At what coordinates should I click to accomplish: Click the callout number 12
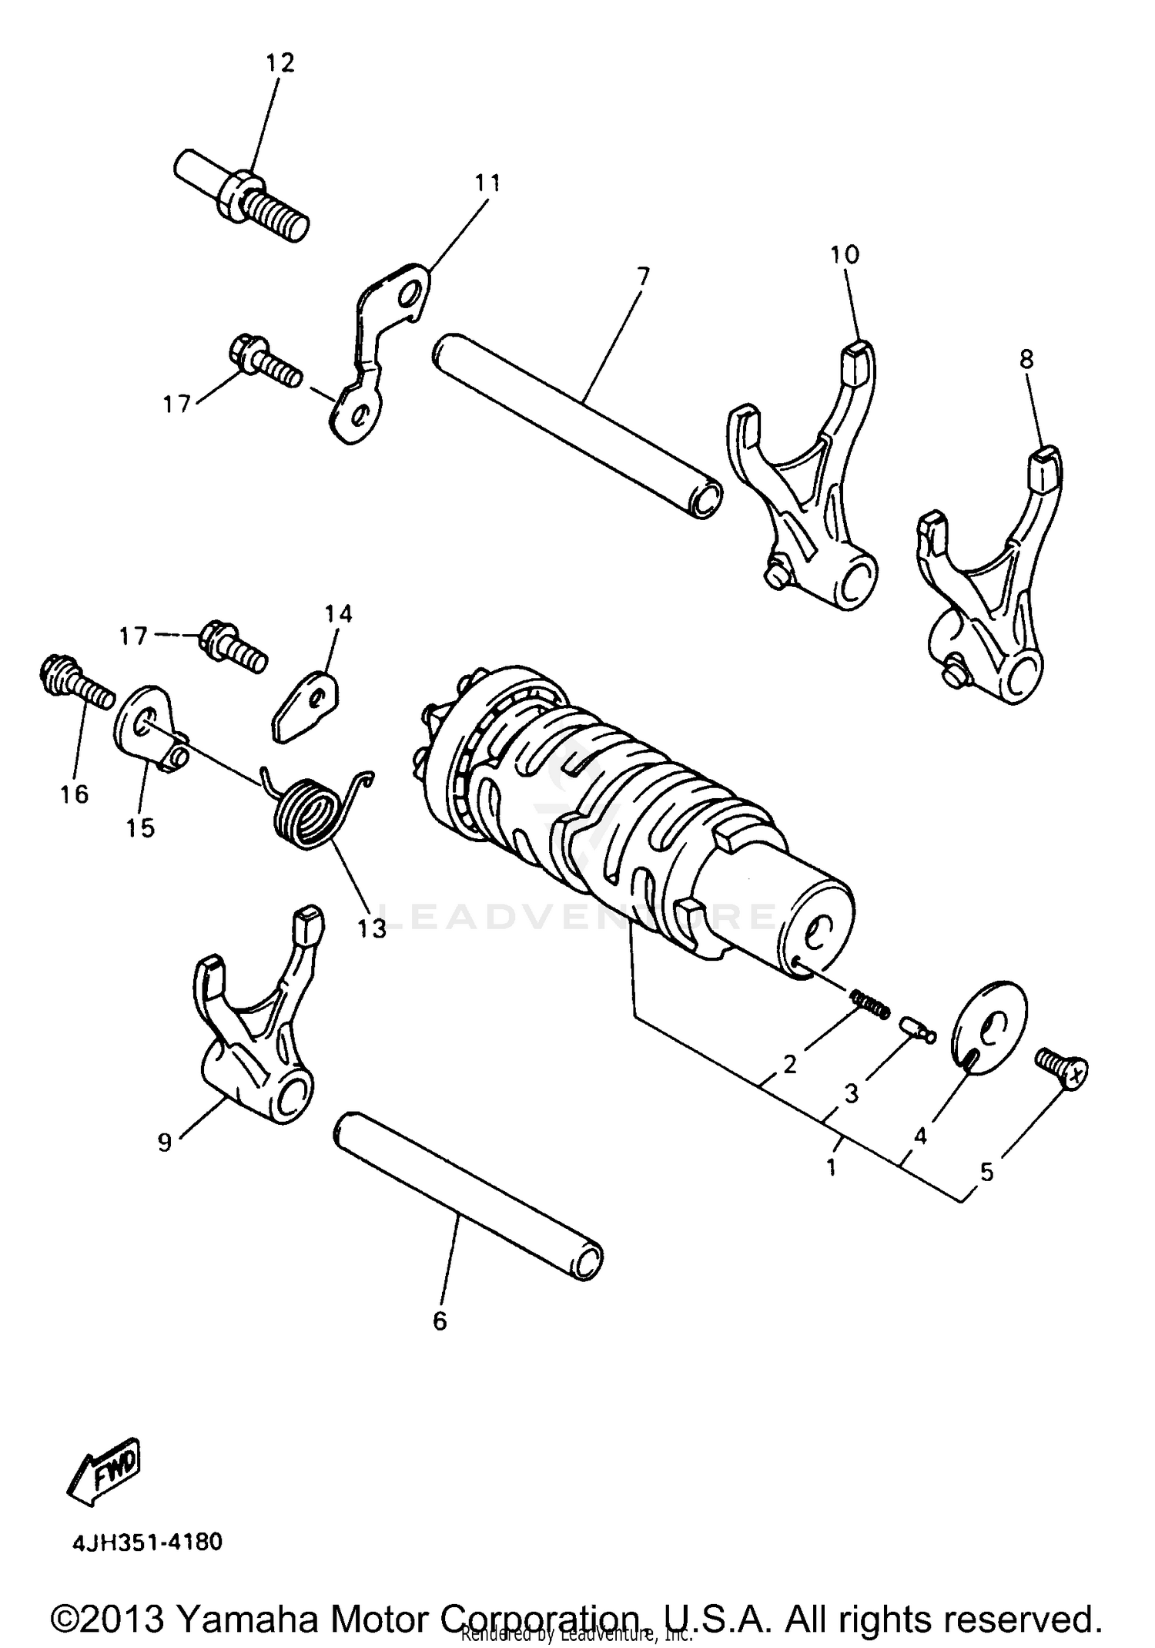280,62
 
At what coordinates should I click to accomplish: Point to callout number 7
643,276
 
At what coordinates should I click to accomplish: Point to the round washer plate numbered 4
990,1025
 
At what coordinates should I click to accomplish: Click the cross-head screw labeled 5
1063,1067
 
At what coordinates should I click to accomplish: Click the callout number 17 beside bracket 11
176,403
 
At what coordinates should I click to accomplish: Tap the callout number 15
141,828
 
